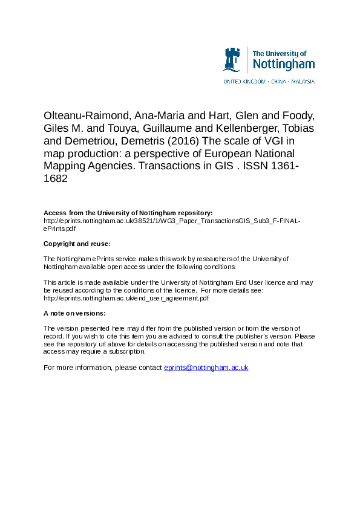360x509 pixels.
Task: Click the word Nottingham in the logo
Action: point(283,64)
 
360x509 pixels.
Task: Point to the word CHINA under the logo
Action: point(278,80)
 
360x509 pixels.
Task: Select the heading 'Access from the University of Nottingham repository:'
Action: point(128,213)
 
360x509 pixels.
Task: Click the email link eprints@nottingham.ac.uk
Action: point(206,368)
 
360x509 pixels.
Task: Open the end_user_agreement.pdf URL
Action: point(126,298)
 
